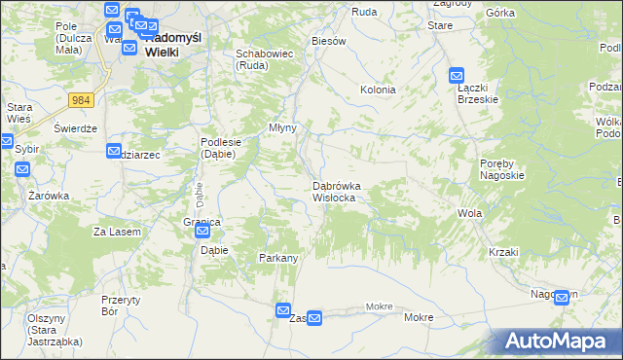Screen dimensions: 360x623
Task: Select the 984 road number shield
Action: point(81,100)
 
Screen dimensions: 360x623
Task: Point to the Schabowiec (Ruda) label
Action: point(265,59)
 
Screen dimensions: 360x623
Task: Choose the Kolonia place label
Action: point(378,90)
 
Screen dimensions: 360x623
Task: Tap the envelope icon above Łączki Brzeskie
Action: point(458,75)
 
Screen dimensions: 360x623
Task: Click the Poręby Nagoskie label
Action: point(502,169)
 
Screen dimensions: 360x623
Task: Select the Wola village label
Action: point(469,212)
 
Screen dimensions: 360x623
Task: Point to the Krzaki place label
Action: point(504,252)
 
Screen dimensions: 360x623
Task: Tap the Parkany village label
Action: point(277,258)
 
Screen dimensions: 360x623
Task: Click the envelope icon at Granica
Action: point(202,232)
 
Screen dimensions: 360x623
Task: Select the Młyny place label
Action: point(282,127)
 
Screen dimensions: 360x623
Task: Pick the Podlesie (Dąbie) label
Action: point(221,147)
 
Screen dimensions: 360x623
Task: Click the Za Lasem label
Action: point(117,232)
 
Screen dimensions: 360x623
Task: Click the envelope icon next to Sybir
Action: point(23,169)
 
